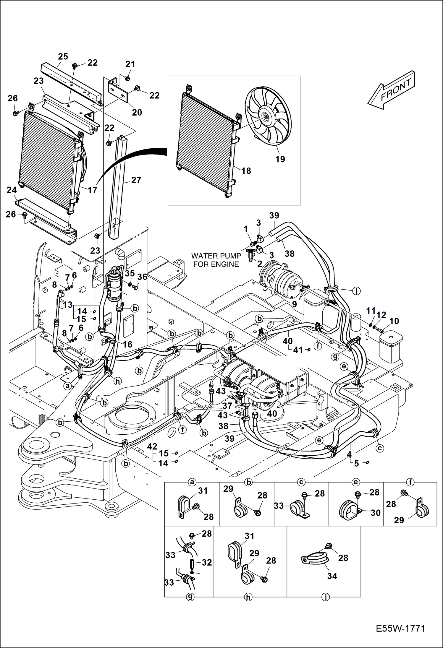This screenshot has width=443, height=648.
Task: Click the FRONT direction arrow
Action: tap(392, 90)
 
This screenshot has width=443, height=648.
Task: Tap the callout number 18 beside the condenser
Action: tap(246, 171)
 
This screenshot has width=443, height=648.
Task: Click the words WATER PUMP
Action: tap(216, 256)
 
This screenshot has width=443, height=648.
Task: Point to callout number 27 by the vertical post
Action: tap(136, 180)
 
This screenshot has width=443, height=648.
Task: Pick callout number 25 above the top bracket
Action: tap(63, 56)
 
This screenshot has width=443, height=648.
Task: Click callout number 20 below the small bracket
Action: tap(137, 112)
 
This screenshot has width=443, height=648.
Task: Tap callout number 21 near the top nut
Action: tap(130, 64)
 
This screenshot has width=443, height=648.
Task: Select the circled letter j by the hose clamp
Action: tap(357, 291)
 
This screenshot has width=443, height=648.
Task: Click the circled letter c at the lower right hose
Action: tap(380, 448)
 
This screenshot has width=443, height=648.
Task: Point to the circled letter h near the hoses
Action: tap(118, 381)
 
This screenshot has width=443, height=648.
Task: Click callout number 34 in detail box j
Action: tap(332, 576)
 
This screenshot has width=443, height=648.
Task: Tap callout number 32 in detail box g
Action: tap(207, 562)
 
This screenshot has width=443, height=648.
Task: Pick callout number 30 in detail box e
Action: tap(376, 513)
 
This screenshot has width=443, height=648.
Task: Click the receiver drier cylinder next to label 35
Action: tap(114, 285)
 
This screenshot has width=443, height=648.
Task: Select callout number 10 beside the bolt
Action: tap(394, 321)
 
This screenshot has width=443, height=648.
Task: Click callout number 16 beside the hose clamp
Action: tap(127, 344)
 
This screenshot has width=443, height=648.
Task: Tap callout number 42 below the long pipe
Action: tap(152, 446)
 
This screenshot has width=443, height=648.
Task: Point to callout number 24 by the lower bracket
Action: tap(12, 190)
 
